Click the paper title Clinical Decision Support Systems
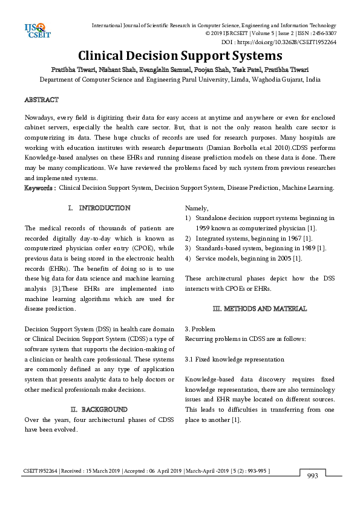coord(180,56)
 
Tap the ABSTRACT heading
coord(41,99)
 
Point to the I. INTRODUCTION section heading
coord(99,208)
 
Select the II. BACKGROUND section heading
coord(99,409)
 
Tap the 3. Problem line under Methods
coord(200,329)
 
